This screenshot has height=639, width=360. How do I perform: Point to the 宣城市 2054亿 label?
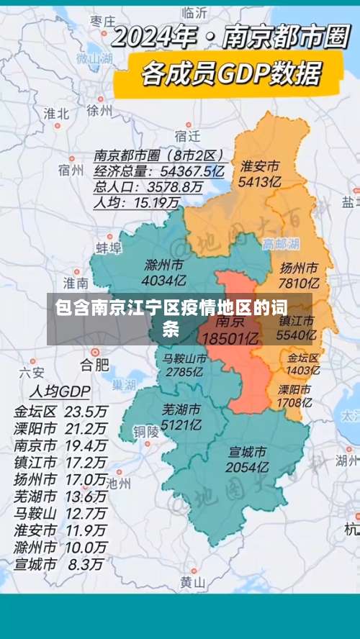248,460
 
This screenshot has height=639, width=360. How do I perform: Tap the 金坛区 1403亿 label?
302,363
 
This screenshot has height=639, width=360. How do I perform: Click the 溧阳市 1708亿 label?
294,396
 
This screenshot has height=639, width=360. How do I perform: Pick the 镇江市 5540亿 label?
297,327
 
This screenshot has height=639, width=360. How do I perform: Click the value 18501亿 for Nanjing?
230,337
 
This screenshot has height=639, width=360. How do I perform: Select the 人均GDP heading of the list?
60,391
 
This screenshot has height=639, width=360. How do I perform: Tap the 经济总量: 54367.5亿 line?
159,171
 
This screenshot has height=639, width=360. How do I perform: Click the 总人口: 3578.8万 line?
148,187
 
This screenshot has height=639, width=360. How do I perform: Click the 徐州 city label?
99,111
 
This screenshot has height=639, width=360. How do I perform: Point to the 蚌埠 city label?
109,248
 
